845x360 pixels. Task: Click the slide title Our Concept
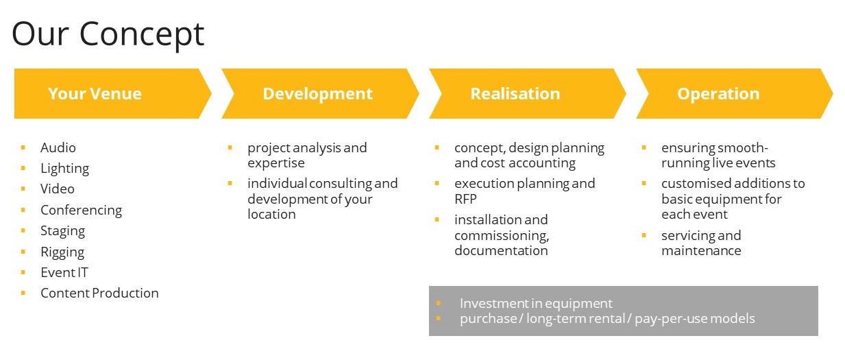click(x=108, y=35)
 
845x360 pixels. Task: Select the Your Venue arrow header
click(x=112, y=93)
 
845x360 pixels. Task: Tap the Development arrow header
click(x=320, y=93)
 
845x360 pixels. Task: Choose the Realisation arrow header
click(x=528, y=93)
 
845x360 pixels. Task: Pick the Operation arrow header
click(x=734, y=93)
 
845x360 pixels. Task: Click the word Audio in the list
click(x=58, y=147)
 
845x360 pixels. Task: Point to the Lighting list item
click(x=65, y=169)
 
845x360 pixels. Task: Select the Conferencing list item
click(x=81, y=211)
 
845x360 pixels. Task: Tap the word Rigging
click(x=62, y=252)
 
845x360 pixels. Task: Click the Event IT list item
click(x=64, y=272)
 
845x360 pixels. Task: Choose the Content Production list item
click(x=99, y=293)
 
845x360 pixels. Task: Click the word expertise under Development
click(x=276, y=163)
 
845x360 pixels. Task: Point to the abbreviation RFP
click(x=465, y=199)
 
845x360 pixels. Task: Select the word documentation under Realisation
click(x=501, y=250)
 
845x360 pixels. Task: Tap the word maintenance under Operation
click(x=701, y=250)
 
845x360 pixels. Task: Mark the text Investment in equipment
click(x=536, y=303)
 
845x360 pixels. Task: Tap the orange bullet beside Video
click(x=23, y=189)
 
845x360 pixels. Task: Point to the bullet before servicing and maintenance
click(x=644, y=235)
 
